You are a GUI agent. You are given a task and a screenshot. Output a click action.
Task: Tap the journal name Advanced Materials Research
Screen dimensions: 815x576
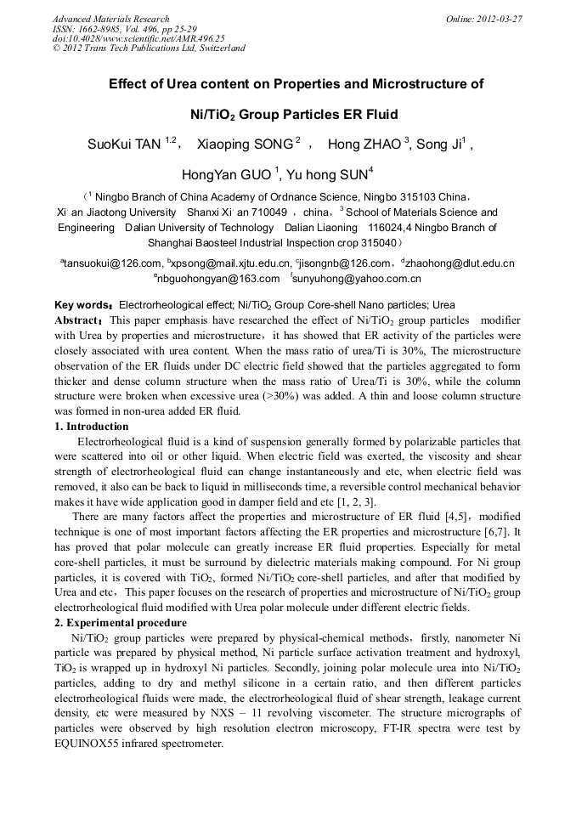(x=110, y=19)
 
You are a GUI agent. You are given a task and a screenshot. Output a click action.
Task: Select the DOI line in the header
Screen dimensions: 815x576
(x=138, y=38)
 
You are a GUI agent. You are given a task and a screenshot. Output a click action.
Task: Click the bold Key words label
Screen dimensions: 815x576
(x=82, y=304)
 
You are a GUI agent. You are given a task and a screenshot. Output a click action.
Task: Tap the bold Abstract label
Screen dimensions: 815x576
(x=78, y=320)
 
